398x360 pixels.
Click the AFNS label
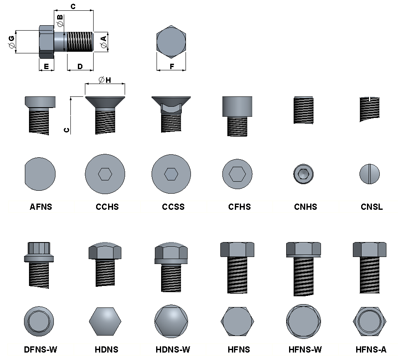point(41,207)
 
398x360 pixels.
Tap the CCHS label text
point(107,207)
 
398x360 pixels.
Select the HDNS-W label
point(173,350)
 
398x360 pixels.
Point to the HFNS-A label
point(371,350)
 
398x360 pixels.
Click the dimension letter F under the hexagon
point(171,66)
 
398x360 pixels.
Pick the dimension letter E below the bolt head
point(46,66)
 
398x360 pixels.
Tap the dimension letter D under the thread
point(80,66)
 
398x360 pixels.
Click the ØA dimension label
point(103,41)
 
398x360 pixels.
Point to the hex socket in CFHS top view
point(237,174)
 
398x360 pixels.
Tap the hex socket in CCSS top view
point(171,174)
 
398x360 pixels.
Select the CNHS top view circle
point(303,174)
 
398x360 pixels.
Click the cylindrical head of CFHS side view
point(237,106)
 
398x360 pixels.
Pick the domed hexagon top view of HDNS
point(105,321)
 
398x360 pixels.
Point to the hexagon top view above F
point(171,43)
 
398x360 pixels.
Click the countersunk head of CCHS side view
point(105,102)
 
